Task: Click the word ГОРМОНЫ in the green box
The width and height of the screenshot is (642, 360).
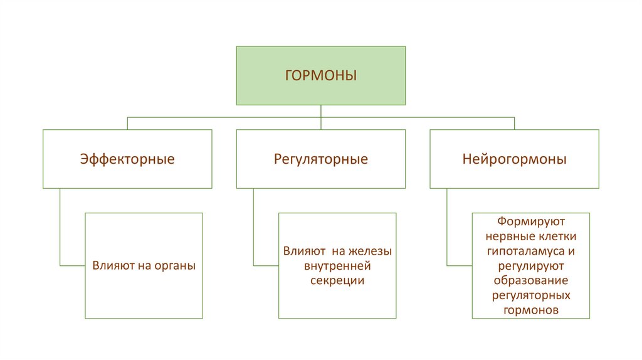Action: (x=321, y=76)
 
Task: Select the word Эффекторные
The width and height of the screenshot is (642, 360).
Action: (x=127, y=159)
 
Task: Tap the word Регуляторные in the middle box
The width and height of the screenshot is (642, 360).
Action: (x=321, y=159)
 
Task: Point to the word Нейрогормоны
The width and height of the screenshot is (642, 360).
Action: (x=514, y=159)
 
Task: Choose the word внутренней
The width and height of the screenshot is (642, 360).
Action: (x=337, y=266)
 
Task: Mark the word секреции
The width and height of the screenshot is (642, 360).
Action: (x=337, y=280)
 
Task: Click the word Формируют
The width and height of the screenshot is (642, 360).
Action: (x=531, y=223)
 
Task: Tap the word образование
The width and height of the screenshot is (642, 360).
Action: (x=531, y=280)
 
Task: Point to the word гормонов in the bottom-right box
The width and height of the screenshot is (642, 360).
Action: (x=531, y=309)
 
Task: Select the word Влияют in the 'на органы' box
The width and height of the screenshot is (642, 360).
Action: (x=113, y=265)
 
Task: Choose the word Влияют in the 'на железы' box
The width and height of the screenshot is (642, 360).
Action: (x=303, y=251)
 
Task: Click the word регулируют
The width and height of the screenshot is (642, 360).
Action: (x=531, y=265)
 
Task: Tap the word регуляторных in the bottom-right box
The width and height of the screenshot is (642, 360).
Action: (x=531, y=295)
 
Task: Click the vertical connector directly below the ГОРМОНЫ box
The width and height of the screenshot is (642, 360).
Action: (x=321, y=111)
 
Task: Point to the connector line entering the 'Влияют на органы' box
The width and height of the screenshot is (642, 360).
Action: (x=73, y=265)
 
